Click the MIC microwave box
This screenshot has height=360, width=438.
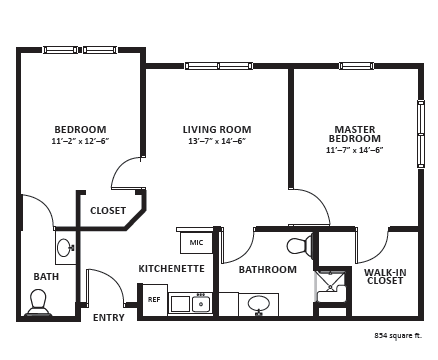[196, 242]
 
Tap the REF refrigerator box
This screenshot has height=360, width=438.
[155, 300]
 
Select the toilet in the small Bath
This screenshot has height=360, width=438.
[38, 302]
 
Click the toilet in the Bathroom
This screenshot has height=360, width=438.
[299, 247]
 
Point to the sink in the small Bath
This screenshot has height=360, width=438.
[65, 247]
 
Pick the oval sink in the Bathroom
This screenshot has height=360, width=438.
[259, 304]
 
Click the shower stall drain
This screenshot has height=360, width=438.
[330, 286]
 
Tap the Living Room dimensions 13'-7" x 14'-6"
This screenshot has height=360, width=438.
[217, 141]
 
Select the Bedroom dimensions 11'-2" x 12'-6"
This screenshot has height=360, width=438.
[81, 141]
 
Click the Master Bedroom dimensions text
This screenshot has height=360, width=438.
[354, 150]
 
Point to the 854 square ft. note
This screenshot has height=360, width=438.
[398, 336]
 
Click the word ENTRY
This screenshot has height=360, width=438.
[109, 318]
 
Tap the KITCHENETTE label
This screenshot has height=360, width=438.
[171, 269]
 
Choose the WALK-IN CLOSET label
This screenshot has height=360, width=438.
[385, 277]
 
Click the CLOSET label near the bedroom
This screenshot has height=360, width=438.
[108, 211]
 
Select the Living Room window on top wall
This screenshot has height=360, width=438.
[219, 66]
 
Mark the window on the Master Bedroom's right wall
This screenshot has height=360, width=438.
[421, 133]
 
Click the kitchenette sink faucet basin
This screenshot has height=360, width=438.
[201, 304]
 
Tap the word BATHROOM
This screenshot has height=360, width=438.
[268, 269]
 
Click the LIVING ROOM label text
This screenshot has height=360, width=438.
[217, 129]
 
